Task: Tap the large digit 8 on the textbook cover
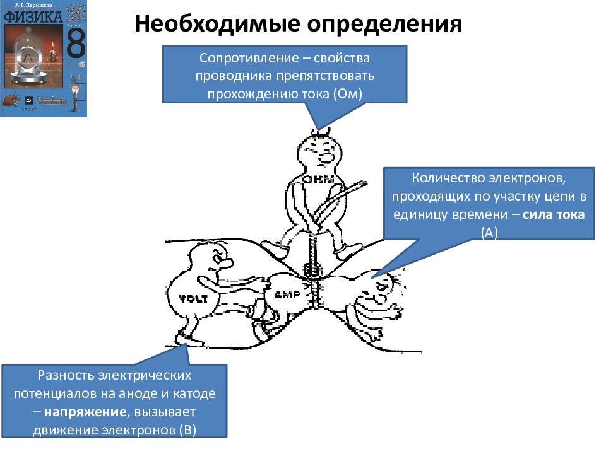coord(74,44)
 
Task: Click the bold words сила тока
coord(553,214)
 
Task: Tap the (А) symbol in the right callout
coord(489,231)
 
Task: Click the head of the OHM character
coord(319,152)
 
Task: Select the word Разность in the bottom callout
coord(64,376)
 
